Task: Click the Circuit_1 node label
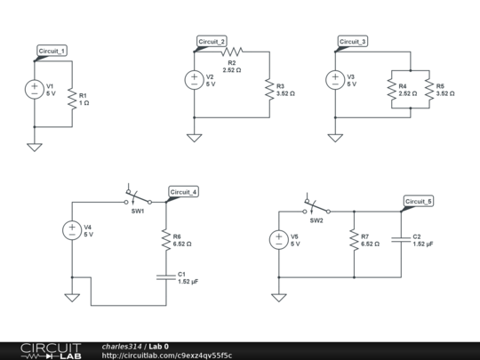pos(52,52)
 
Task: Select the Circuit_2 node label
pos(212,42)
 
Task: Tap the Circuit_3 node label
pos(353,42)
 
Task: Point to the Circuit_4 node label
pos(183,192)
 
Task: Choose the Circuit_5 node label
pos(418,202)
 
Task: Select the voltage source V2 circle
pos(194,80)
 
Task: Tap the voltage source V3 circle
pos(334,80)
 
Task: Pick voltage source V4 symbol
pos(71,230)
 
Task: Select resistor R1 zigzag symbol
pos(71,100)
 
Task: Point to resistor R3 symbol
pos(269,89)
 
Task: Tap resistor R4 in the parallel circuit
pos(391,89)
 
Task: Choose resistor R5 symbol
pos(429,89)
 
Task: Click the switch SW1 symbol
pos(137,197)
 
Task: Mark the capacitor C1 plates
pos(165,276)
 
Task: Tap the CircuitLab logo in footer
pos(42,350)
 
